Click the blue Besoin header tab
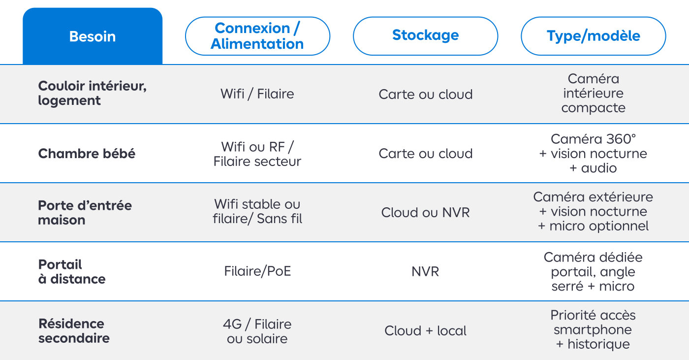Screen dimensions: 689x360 point(93,36)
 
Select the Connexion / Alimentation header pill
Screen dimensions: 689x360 point(257,36)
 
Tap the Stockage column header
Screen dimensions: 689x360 point(425,36)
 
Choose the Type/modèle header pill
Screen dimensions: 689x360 point(594,36)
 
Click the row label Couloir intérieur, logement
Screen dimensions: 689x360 point(93,93)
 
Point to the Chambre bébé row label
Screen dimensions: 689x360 point(87,154)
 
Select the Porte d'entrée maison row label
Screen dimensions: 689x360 point(85,213)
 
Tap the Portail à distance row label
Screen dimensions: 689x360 point(72,272)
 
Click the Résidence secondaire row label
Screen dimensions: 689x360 point(74,331)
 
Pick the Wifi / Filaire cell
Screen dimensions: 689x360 point(257,94)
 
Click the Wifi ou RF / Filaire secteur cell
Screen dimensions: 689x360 point(257,154)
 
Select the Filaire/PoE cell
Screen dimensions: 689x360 point(257,271)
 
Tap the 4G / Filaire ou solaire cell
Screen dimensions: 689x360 point(257,331)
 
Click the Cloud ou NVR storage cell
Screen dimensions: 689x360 point(425,213)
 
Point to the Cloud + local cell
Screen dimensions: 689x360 point(425,331)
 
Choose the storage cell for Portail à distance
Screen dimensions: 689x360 point(425,271)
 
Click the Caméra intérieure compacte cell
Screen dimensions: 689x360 point(594,93)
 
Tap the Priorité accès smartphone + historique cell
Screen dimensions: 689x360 point(593,329)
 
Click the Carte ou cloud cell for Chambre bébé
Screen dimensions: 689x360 point(425,154)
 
